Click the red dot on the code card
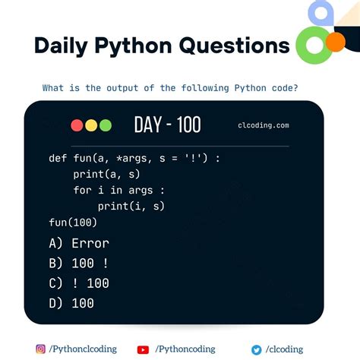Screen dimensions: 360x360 (x=77, y=125)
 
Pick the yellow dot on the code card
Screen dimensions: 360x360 (x=91, y=125)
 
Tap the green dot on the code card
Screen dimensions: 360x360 (x=105, y=125)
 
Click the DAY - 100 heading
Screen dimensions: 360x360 (x=167, y=125)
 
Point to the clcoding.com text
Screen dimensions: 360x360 (x=263, y=126)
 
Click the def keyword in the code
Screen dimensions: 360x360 (x=57, y=159)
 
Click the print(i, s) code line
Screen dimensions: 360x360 (x=131, y=206)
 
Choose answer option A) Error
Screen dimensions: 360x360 (x=78, y=244)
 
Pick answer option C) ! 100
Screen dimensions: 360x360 (x=78, y=283)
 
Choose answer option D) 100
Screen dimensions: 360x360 (x=71, y=303)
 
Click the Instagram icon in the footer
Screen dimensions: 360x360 (x=40, y=349)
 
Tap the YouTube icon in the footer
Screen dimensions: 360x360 (x=143, y=349)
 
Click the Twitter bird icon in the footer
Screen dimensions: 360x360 (x=257, y=349)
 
